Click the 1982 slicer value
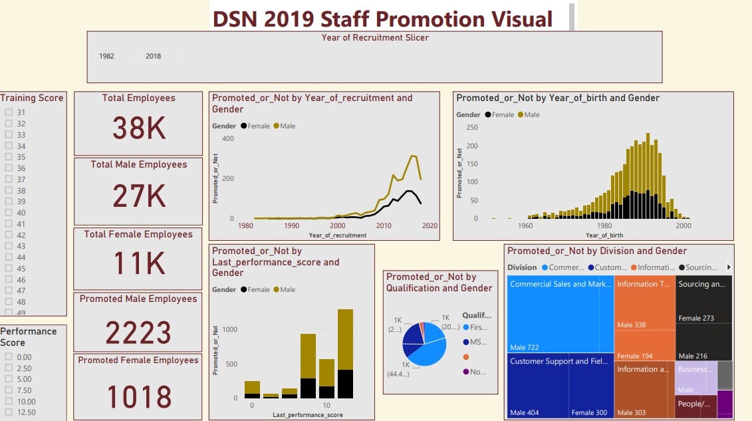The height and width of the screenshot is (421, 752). point(106,57)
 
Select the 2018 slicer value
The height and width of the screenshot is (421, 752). point(153,57)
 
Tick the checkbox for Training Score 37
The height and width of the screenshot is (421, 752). point(9,180)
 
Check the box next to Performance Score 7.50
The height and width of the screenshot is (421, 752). point(9,390)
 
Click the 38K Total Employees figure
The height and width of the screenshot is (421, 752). point(138,128)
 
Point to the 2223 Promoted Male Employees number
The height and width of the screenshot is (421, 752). point(138,333)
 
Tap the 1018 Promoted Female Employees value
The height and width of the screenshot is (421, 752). point(138,396)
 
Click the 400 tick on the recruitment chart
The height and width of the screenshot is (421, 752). point(227,139)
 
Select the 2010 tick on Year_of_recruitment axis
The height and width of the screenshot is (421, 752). point(384,226)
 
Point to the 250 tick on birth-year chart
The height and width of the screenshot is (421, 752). point(471,128)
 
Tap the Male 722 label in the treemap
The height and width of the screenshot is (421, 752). point(524,347)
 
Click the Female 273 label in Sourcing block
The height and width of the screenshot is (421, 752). point(695,319)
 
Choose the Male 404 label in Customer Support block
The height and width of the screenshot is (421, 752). point(524,413)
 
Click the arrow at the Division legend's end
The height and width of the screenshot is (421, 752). point(729,267)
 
